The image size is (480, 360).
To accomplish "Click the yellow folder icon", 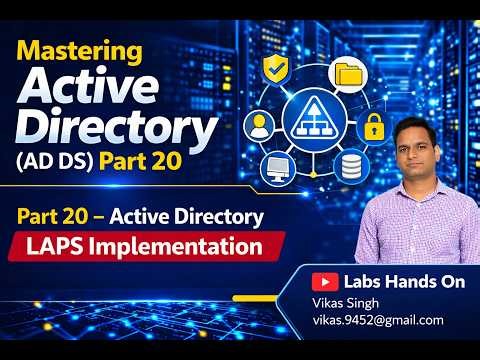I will coord(349,73).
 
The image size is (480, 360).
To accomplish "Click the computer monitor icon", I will coord(277,166).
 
